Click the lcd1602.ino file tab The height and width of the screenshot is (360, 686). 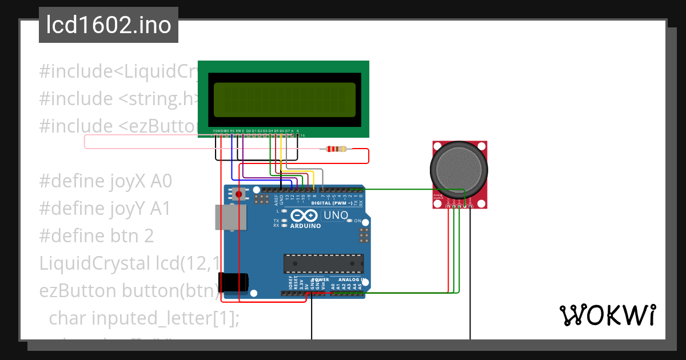(109, 26)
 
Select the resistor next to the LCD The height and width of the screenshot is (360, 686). (336, 149)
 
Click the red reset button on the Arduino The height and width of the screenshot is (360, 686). (238, 194)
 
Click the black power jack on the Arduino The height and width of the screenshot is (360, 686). (233, 282)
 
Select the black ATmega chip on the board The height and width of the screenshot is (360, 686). (324, 263)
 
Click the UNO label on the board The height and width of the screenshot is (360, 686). (336, 215)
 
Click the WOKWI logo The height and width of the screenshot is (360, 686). (607, 315)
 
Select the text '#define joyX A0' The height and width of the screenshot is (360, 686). (105, 182)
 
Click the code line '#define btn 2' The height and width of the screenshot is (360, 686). (96, 236)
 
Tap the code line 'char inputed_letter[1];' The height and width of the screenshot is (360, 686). (144, 318)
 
